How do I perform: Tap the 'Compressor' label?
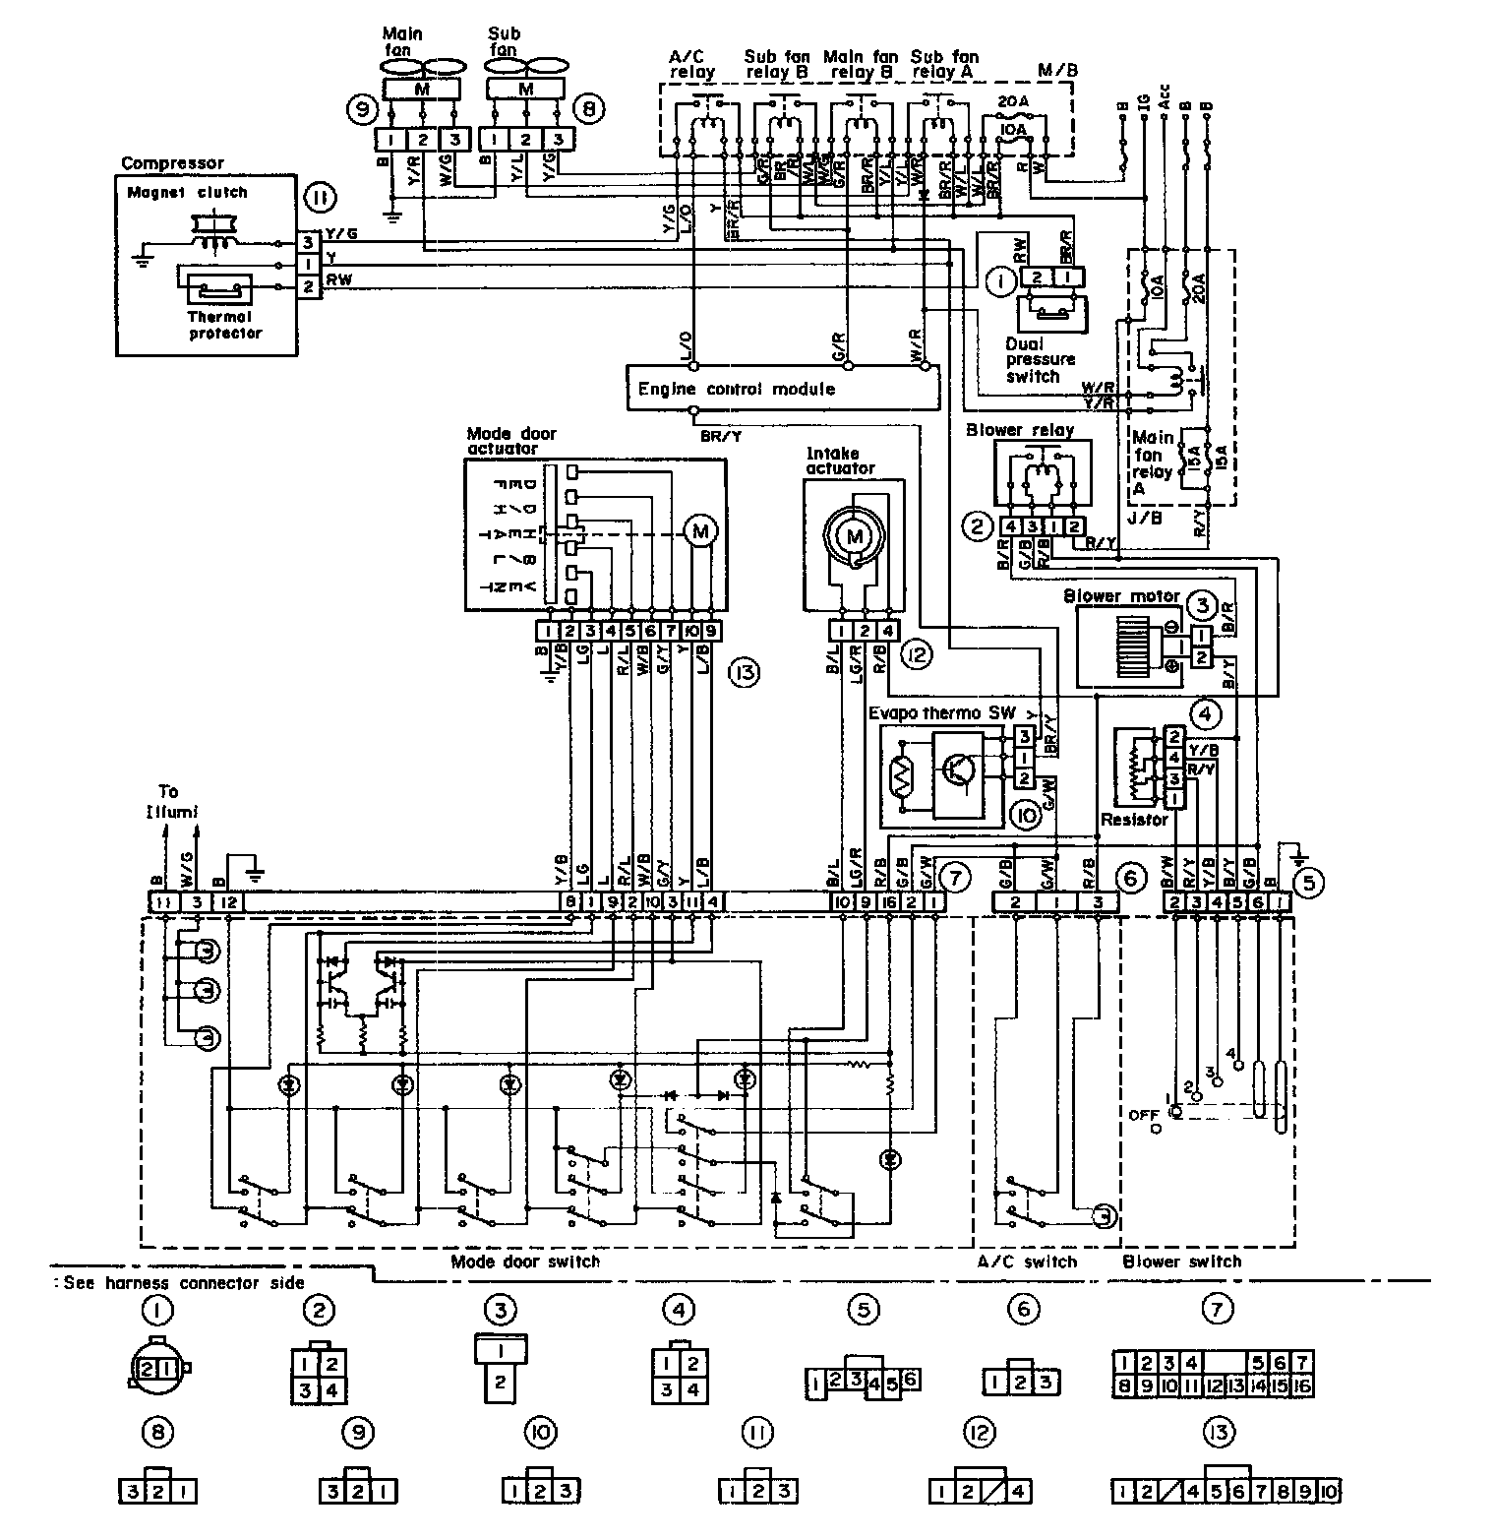pyautogui.click(x=173, y=163)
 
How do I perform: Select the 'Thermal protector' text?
pyautogui.click(x=225, y=325)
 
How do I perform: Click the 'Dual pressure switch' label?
pyautogui.click(x=1040, y=360)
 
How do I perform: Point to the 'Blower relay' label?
pyautogui.click(x=1020, y=430)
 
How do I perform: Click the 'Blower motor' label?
pyautogui.click(x=1121, y=595)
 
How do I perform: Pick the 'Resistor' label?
pyautogui.click(x=1134, y=819)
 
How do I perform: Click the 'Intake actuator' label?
pyautogui.click(x=840, y=461)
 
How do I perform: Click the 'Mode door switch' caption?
pyautogui.click(x=524, y=1262)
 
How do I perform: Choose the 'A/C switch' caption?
pyautogui.click(x=1027, y=1262)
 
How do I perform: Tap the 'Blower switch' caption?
pyautogui.click(x=1181, y=1262)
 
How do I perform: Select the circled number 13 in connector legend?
pyautogui.click(x=1219, y=1433)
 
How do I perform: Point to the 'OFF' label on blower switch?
pyautogui.click(x=1144, y=1115)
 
